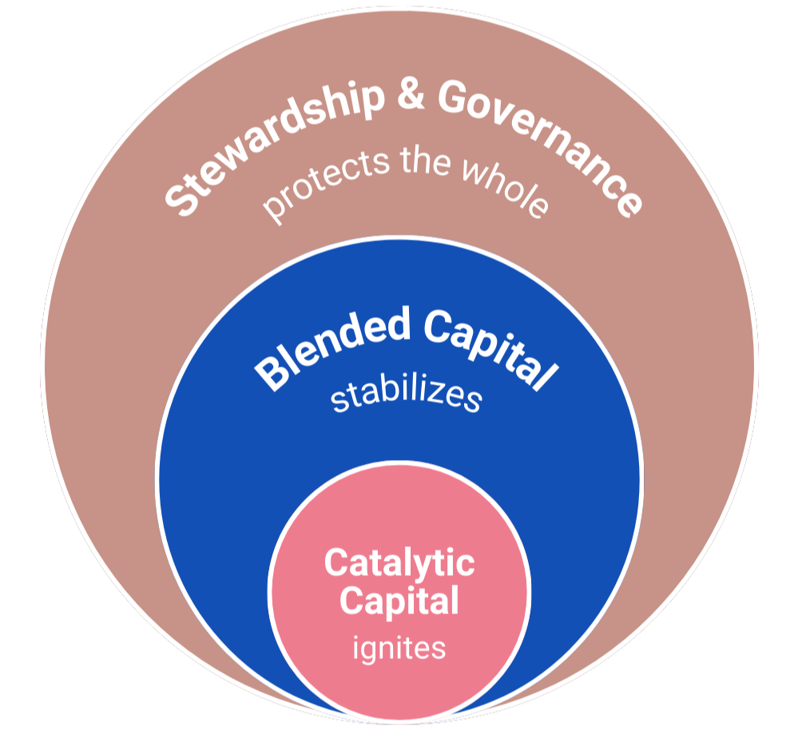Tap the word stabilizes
point(406,395)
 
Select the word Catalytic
point(399,563)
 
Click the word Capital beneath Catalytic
point(399,601)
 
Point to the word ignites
point(399,647)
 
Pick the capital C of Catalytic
point(335,564)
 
